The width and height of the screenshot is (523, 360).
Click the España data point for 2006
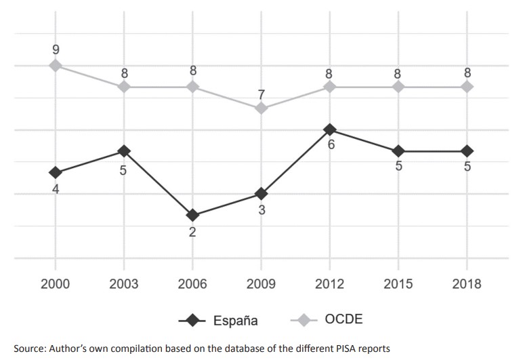[192, 216]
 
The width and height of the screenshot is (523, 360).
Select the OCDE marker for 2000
[55, 65]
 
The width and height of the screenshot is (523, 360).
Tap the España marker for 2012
[330, 129]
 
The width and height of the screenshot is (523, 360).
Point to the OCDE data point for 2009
[261, 108]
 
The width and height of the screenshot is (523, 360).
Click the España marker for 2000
[55, 173]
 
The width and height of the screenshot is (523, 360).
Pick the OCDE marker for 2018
[467, 87]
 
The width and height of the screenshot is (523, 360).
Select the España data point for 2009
[261, 194]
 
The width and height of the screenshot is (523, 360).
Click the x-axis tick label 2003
[123, 284]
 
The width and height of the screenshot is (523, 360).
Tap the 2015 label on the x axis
[398, 284]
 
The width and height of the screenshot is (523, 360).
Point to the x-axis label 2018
[467, 284]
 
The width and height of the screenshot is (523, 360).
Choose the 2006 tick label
[192, 284]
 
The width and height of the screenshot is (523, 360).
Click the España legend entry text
[234, 320]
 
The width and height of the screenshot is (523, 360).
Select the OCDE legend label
[343, 319]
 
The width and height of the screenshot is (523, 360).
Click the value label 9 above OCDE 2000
[56, 49]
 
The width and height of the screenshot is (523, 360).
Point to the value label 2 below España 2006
[193, 233]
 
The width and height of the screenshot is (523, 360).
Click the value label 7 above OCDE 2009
[261, 93]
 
